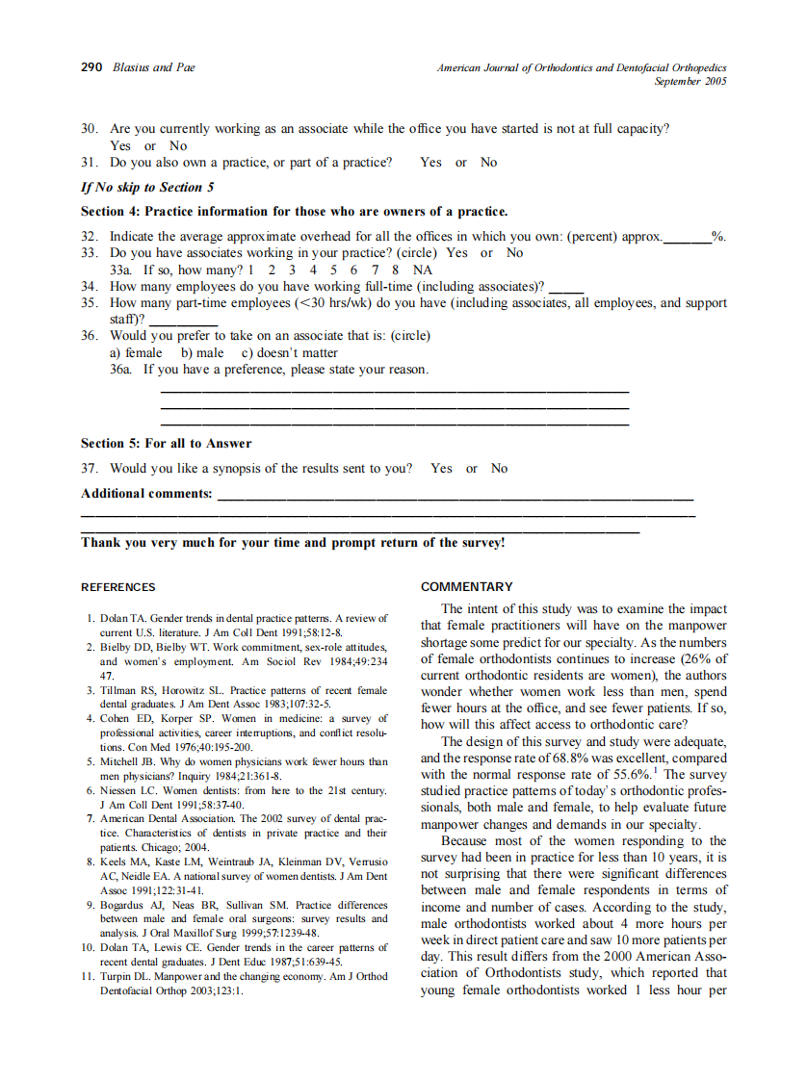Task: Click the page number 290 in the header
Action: (x=91, y=67)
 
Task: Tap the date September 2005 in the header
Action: (x=690, y=82)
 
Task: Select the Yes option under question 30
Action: (x=120, y=146)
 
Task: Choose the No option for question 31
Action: (x=488, y=163)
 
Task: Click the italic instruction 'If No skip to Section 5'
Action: (x=147, y=187)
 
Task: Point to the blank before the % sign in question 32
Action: (x=688, y=236)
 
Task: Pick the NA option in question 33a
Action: (x=422, y=270)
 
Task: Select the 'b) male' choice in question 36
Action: (x=202, y=353)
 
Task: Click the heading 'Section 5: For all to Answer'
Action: (x=166, y=444)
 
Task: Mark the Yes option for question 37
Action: (x=441, y=469)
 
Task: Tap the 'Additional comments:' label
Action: (x=146, y=494)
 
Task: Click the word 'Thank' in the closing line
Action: (x=101, y=543)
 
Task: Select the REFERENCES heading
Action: (x=117, y=587)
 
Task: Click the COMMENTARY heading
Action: (x=467, y=587)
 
